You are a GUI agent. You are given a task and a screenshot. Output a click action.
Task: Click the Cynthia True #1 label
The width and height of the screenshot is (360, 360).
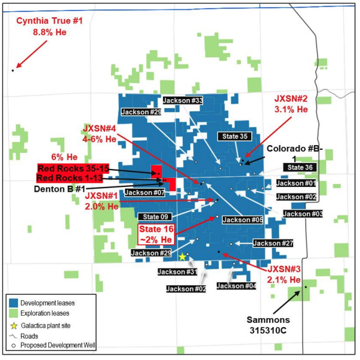pyautogui.click(x=49, y=21)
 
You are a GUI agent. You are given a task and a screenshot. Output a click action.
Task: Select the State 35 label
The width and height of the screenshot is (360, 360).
pyautogui.click(x=232, y=137)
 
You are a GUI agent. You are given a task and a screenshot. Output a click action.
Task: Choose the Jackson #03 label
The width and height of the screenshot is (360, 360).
pyautogui.click(x=303, y=214)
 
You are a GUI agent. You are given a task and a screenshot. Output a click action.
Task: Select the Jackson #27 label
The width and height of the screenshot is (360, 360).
pyautogui.click(x=273, y=243)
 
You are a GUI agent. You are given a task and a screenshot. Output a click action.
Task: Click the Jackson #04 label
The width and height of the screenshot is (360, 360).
pyautogui.click(x=236, y=286)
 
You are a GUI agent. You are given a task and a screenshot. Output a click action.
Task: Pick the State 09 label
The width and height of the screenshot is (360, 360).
pyautogui.click(x=156, y=216)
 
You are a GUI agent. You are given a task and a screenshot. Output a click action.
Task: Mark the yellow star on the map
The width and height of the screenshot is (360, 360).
pyautogui.click(x=182, y=257)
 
